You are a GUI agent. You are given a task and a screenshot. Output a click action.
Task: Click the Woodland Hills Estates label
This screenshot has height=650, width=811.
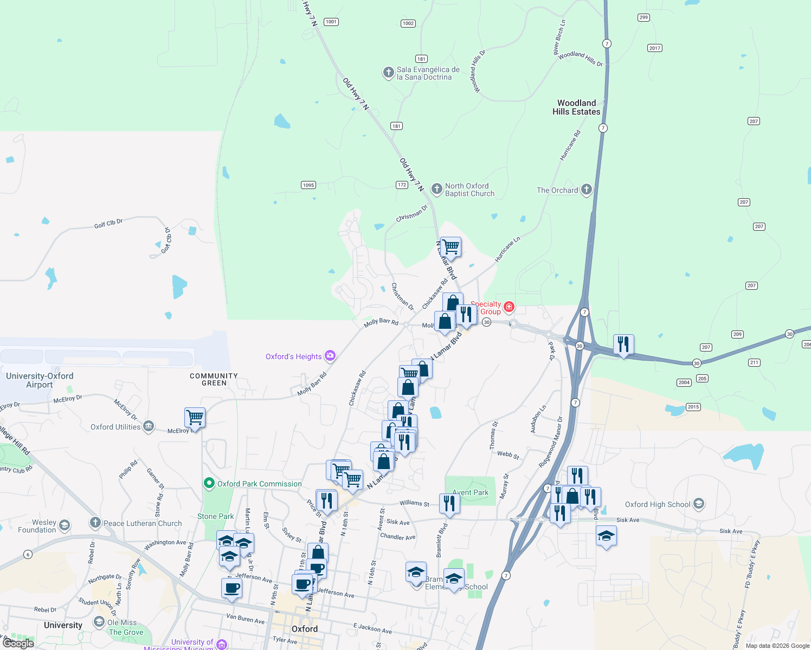click(576, 107)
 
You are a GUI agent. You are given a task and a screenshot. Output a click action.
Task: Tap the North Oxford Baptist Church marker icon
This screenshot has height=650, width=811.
click(436, 189)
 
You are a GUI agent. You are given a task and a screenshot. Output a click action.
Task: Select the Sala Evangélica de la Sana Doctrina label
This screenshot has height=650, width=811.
click(428, 73)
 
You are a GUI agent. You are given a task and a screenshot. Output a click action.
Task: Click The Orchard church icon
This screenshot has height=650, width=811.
click(586, 190)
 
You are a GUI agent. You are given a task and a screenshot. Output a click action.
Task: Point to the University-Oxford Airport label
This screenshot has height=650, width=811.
click(40, 380)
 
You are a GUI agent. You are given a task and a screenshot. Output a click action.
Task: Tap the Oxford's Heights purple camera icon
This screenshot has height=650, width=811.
click(330, 356)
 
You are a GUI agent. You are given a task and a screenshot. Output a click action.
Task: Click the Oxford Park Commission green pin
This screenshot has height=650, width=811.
click(209, 483)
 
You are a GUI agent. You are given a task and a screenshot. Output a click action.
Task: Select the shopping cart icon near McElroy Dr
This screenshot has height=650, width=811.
click(195, 418)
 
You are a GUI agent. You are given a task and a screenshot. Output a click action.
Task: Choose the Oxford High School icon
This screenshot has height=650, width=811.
click(699, 504)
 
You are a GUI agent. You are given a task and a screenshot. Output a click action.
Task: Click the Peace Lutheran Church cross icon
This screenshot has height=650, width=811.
click(95, 523)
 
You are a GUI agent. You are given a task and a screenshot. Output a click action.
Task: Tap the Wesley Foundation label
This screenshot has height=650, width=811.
click(37, 526)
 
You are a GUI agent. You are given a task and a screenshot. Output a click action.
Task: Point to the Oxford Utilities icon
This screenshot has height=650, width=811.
click(149, 427)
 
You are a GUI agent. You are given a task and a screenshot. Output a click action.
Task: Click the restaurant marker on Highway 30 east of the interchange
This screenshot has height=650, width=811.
click(623, 344)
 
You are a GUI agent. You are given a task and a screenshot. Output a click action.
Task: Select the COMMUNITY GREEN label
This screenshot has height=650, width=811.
click(214, 379)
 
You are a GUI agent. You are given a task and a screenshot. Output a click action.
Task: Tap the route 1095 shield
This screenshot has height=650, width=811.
click(308, 185)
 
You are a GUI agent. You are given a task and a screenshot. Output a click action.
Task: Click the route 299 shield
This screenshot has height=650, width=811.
click(643, 17)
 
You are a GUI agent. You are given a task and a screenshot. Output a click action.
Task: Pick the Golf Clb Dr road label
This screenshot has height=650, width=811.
click(108, 224)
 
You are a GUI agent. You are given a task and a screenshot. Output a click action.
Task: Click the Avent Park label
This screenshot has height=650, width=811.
click(470, 492)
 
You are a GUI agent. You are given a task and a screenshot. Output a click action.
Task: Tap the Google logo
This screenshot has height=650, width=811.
click(18, 643)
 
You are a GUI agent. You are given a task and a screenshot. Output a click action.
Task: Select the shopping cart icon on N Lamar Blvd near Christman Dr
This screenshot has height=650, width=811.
click(450, 247)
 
